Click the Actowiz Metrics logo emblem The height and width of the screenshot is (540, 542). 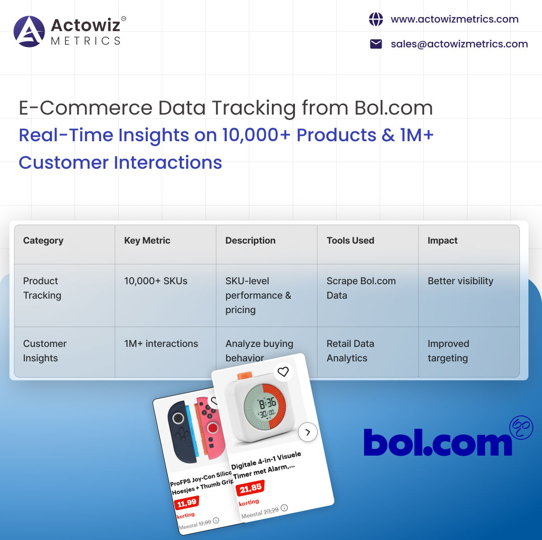click(29, 32)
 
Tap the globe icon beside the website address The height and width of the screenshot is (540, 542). click(376, 19)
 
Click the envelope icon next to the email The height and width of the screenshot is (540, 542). click(376, 44)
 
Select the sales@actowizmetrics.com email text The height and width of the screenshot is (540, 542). click(459, 44)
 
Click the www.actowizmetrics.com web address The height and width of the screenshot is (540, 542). click(454, 19)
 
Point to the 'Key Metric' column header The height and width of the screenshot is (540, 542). click(147, 240)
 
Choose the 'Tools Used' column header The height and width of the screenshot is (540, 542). click(350, 240)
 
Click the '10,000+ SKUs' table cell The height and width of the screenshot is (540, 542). click(156, 281)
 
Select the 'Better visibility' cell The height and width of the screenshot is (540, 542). click(460, 281)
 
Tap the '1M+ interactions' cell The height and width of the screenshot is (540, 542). click(161, 344)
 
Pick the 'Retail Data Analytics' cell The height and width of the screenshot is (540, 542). click(350, 351)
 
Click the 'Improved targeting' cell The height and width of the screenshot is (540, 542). click(448, 351)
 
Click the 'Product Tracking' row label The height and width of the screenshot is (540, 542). click(42, 288)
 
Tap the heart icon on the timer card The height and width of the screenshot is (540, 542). click(283, 372)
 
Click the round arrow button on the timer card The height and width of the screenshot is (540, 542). click(308, 432)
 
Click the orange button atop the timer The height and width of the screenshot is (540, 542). click(244, 376)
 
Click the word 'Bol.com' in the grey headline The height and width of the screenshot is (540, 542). click(393, 108)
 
